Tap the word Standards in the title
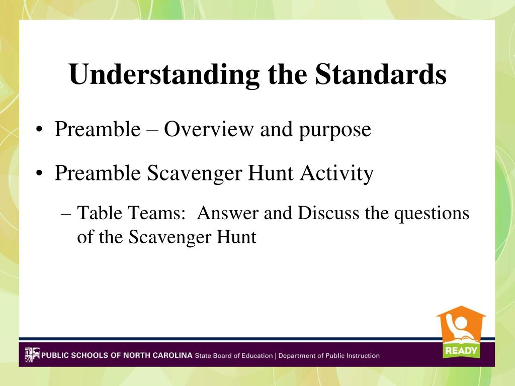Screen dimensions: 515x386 click(381, 74)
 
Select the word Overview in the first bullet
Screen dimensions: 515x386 click(209, 129)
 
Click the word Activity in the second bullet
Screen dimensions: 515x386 click(336, 173)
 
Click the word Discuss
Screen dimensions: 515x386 click(328, 213)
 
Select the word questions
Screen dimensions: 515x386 click(432, 214)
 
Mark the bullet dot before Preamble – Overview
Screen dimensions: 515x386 click(39, 129)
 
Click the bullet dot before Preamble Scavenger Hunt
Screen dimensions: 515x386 click(39, 173)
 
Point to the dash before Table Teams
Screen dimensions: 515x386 click(66, 214)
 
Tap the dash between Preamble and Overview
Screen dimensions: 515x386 click(152, 130)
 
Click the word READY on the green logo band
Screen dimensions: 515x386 click(461, 351)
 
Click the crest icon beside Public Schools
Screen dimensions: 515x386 click(32, 355)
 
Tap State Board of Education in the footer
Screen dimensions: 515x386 click(234, 355)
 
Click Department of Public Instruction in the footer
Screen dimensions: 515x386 click(329, 355)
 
